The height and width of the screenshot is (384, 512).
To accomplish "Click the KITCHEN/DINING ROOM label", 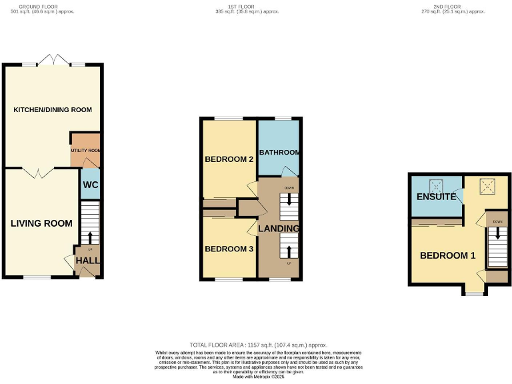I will coord(53,109).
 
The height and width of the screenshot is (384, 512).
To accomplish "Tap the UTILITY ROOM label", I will coord(86,151).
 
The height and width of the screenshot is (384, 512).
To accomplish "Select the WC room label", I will coord(90,185).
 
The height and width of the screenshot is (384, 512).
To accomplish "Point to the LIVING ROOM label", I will coord(41,223).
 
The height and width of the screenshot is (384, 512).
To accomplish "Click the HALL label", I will coord(88,261).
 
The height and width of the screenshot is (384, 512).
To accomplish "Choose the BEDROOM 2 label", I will coord(229,159).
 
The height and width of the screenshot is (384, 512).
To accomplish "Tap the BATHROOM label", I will coord(279,153).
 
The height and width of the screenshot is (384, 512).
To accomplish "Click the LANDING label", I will coord(279,229).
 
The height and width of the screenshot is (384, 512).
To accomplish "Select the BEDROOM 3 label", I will coord(229,249).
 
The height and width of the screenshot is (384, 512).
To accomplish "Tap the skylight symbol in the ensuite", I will coord(437,185).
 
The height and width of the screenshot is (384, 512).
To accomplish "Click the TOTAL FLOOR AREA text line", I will coord(258,345).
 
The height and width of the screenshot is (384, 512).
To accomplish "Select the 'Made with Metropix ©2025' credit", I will coord(258,377).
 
